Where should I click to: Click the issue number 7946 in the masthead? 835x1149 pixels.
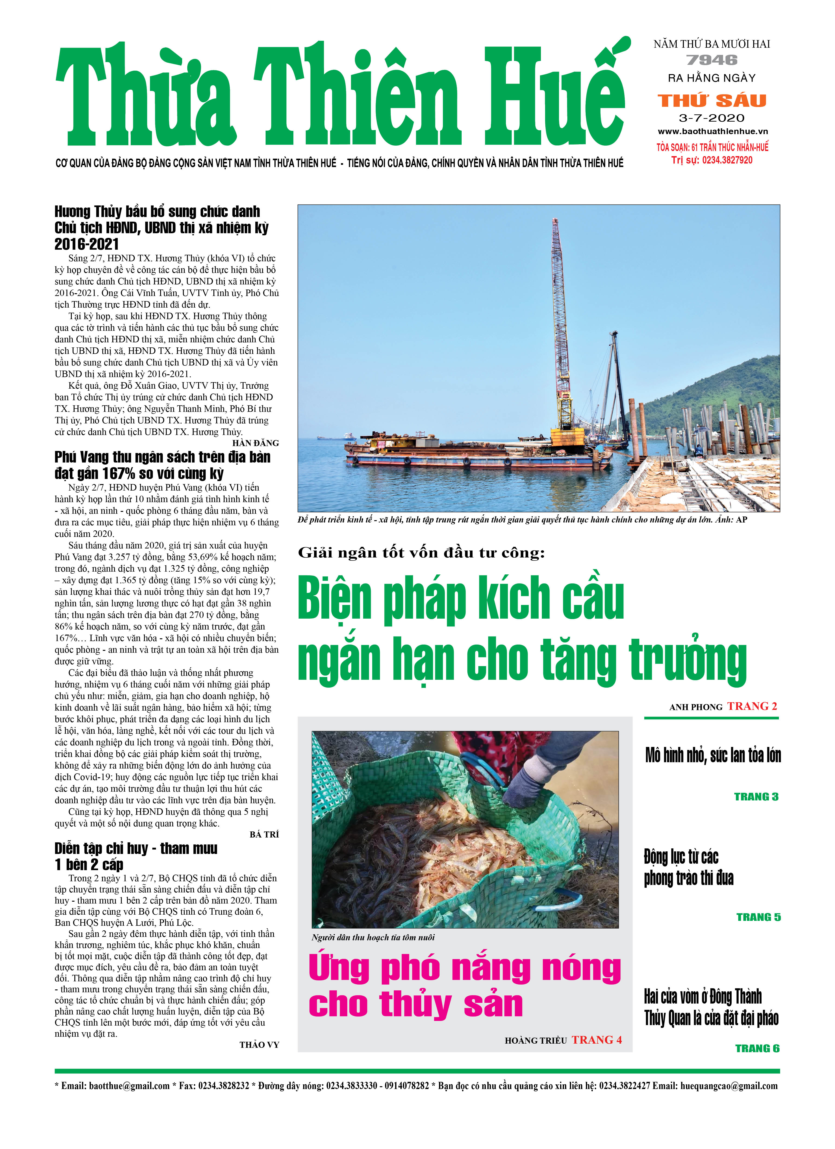pyautogui.click(x=712, y=60)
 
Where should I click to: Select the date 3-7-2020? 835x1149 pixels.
pyautogui.click(x=712, y=118)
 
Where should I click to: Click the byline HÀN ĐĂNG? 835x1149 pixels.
pyautogui.click(x=256, y=443)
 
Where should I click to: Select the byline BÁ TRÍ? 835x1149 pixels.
pyautogui.click(x=264, y=834)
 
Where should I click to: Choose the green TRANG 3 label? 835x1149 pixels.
pyautogui.click(x=756, y=797)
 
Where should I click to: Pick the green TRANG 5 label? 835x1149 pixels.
pyautogui.click(x=758, y=917)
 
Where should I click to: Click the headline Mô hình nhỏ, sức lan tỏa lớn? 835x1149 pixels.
pyautogui.click(x=712, y=755)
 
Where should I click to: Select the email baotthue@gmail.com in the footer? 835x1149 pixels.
pyautogui.click(x=129, y=1086)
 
